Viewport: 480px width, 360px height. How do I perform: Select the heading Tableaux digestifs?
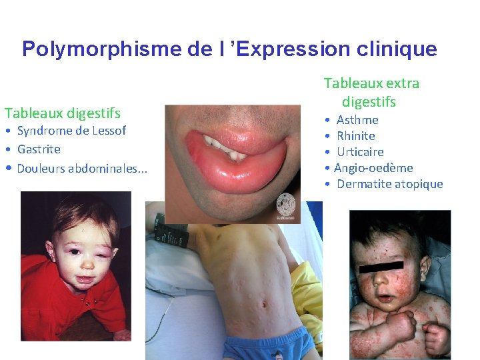[x=63, y=113]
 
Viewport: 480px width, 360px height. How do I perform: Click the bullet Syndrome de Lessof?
[x=71, y=131]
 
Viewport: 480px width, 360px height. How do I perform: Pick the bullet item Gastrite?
[x=39, y=149]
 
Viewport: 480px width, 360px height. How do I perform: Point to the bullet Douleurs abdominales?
[x=82, y=168]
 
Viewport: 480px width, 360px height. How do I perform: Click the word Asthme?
[x=357, y=120]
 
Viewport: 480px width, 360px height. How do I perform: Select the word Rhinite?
[x=356, y=136]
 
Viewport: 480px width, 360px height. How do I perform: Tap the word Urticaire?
[x=360, y=152]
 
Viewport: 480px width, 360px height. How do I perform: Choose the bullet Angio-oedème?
[x=373, y=168]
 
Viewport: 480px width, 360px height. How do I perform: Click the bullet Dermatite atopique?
[x=389, y=184]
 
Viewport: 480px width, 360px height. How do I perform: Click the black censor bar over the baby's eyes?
[x=381, y=267]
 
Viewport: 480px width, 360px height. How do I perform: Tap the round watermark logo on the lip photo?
[x=285, y=203]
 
